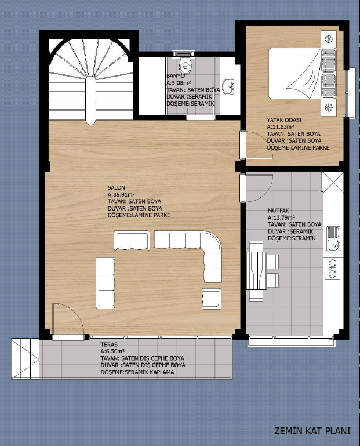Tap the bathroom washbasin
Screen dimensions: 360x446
[x=229, y=86]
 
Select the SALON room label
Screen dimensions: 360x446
[x=117, y=188]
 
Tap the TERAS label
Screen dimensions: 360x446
[x=109, y=345]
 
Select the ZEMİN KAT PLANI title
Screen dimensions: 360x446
[x=312, y=431]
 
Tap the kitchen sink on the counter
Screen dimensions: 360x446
[x=333, y=238]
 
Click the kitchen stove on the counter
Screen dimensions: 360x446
[x=333, y=268]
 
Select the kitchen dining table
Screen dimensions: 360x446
[x=256, y=270]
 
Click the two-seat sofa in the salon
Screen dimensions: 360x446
[x=132, y=241]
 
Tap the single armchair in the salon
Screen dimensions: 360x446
[x=212, y=298]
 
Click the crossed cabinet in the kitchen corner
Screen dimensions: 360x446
[x=332, y=182]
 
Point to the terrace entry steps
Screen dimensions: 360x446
[x=26, y=359]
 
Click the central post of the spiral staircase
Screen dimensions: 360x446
[x=90, y=100]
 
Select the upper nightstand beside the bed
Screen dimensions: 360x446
[x=329, y=39]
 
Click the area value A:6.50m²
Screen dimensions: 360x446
[x=112, y=351]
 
